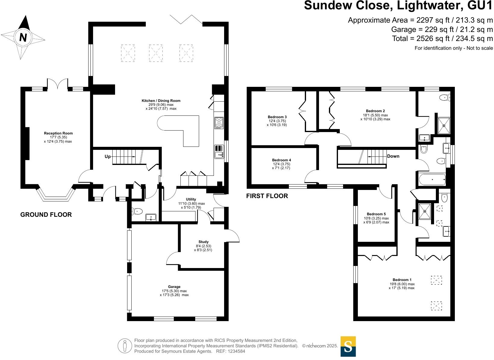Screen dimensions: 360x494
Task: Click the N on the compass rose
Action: [x=23, y=37]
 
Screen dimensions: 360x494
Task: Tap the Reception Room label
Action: [x=58, y=133]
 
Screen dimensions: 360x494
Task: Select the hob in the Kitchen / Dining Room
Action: [x=219, y=123]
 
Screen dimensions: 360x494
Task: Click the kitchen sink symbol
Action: [x=219, y=152]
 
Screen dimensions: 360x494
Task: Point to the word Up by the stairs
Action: [x=108, y=156]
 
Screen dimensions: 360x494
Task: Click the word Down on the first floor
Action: [x=393, y=156]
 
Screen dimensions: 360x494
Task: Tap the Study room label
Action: [x=203, y=242]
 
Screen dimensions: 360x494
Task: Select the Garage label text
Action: [x=174, y=287]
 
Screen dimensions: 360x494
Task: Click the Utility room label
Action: [x=191, y=199]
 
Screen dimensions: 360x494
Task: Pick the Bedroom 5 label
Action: [x=376, y=214]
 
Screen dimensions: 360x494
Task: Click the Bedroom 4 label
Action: [x=281, y=160]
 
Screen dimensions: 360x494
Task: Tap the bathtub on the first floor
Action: [x=432, y=180]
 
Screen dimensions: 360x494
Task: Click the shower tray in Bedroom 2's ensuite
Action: [x=443, y=125]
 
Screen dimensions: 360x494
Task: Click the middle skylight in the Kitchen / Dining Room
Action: [x=155, y=53]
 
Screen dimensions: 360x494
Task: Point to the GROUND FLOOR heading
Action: [x=46, y=215]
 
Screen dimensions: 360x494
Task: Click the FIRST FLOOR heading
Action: [x=267, y=196]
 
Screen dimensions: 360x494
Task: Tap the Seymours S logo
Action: [x=348, y=346]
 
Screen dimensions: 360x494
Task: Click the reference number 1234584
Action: [x=236, y=351]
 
